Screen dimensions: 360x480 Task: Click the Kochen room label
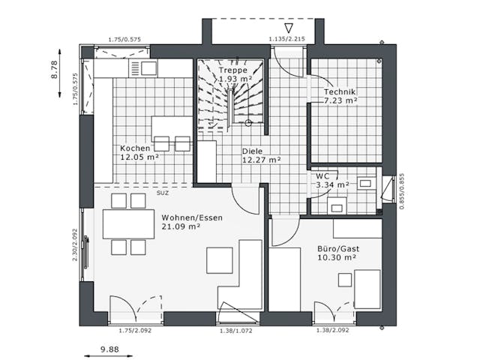click(x=135, y=148)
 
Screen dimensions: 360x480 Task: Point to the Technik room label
click(x=340, y=91)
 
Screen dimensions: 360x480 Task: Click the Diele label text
click(x=252, y=150)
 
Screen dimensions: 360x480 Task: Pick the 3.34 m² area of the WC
click(x=332, y=184)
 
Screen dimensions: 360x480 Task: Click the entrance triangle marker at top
click(x=289, y=28)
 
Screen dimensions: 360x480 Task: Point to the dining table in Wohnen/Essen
click(x=128, y=223)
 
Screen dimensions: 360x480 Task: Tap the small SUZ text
click(x=162, y=193)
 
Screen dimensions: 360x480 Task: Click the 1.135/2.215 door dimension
click(x=286, y=38)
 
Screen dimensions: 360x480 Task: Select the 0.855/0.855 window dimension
click(x=402, y=192)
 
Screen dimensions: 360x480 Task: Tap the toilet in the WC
click(x=337, y=205)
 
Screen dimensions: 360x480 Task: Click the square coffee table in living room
click(x=220, y=260)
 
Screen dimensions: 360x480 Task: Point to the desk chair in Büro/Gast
click(x=345, y=280)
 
